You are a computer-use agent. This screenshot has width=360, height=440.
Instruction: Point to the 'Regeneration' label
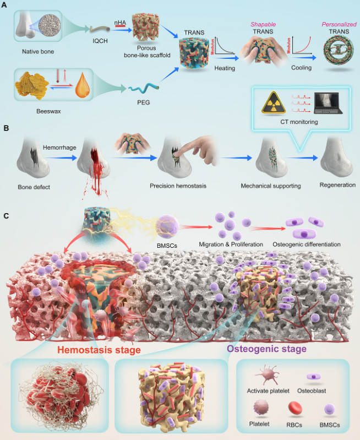click(337, 184)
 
